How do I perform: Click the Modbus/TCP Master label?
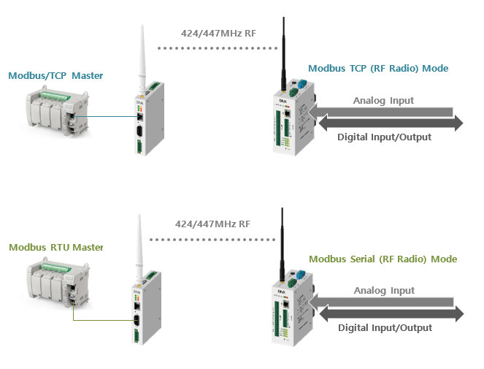coord(55,75)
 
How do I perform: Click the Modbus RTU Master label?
coord(55,248)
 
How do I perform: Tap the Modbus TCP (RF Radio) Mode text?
coord(378,69)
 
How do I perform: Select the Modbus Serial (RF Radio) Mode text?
coord(383,259)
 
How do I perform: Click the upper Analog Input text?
coord(383,101)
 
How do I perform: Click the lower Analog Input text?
coord(383,291)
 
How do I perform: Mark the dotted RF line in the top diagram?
coord(218,48)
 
